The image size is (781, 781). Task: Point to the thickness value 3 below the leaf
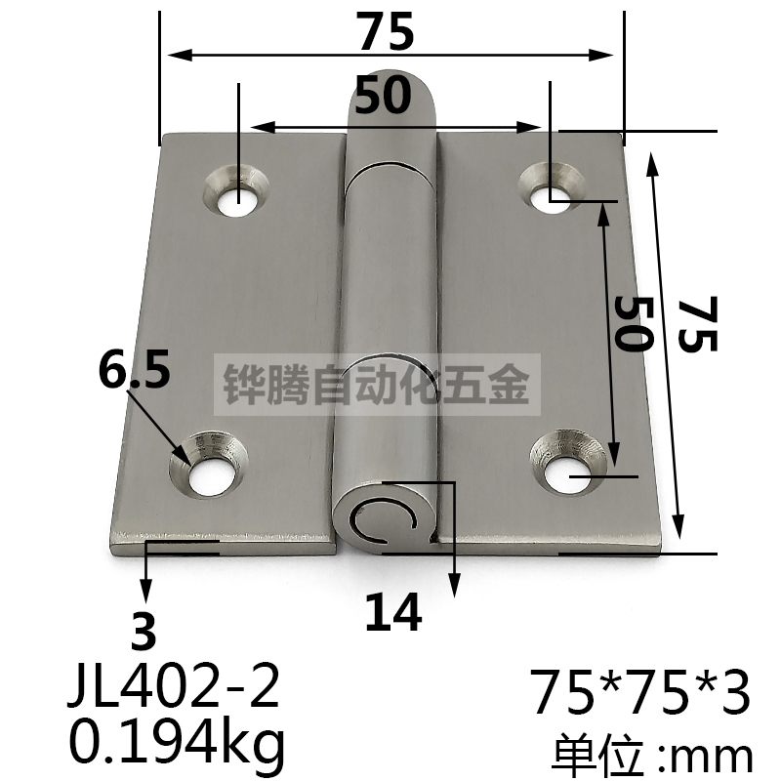click(x=144, y=635)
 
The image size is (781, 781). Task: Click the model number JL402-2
click(x=175, y=689)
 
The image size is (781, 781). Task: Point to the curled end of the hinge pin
click(x=385, y=518)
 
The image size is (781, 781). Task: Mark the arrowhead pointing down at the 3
click(x=146, y=594)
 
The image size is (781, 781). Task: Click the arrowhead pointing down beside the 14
click(x=453, y=586)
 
